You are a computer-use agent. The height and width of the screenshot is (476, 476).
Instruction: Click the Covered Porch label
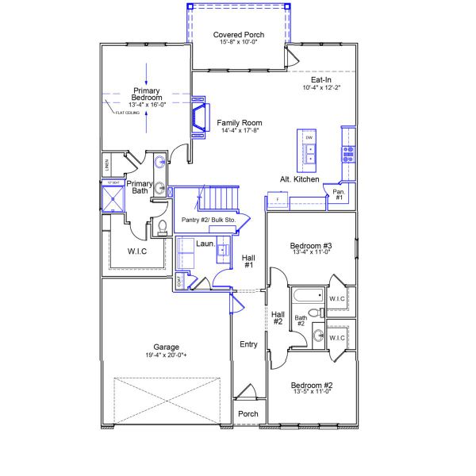[x=238, y=34]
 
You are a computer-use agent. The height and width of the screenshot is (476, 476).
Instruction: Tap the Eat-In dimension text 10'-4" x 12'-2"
[x=321, y=88]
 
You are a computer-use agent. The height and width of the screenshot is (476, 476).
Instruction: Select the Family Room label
[x=239, y=123]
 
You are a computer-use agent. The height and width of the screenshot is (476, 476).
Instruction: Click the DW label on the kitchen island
[x=309, y=138]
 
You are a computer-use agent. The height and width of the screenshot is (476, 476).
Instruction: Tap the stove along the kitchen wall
[x=347, y=154]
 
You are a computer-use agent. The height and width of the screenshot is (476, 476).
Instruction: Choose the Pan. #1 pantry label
[x=338, y=194]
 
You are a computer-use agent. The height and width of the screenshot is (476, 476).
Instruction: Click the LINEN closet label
[x=106, y=165]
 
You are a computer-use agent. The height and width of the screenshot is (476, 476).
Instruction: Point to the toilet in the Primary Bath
[x=161, y=228]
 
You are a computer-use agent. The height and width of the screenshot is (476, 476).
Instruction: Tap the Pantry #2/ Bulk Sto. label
[x=214, y=219]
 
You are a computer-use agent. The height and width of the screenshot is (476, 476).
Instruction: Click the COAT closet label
[x=180, y=280]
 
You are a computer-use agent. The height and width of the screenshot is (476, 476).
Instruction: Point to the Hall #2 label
[x=278, y=317]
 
